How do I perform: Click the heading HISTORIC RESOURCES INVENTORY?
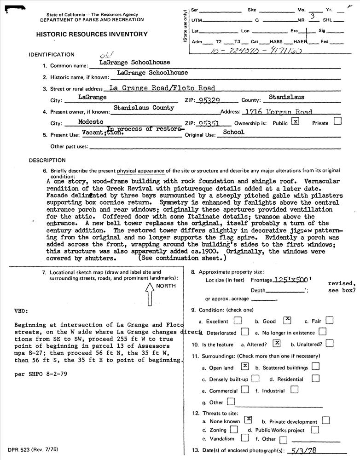[x=92, y=34]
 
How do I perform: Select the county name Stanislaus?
[x=286, y=98]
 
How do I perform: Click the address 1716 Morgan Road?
[x=279, y=112]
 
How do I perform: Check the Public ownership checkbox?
[x=296, y=122]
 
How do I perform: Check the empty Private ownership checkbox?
[x=337, y=121]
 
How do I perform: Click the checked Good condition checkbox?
[x=287, y=320]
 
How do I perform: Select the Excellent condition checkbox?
[x=238, y=320]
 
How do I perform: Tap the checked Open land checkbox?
[x=245, y=367]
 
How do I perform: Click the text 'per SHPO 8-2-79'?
[x=41, y=374]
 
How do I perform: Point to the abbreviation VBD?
[x=22, y=310]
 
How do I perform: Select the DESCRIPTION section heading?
[x=47, y=161]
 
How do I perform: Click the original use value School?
[x=234, y=132]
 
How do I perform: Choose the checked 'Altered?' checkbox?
[x=277, y=343]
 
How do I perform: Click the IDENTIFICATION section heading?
[x=52, y=54]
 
